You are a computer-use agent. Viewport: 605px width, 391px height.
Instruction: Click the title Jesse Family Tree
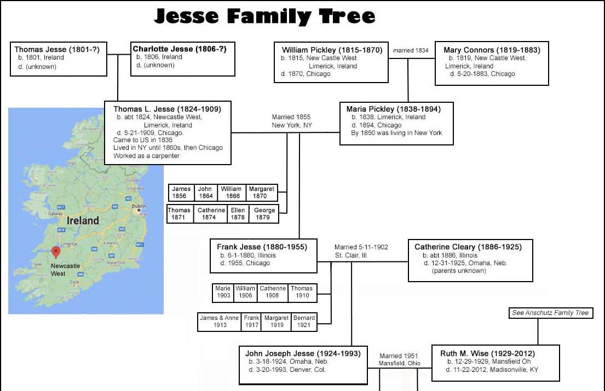coord(264,16)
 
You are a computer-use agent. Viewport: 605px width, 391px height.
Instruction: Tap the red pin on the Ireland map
coord(55,252)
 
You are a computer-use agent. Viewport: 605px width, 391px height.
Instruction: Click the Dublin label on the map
coord(139,206)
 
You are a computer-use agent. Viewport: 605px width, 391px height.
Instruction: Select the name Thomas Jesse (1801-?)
coord(61,49)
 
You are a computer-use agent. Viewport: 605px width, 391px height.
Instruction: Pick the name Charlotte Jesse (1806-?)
coord(180,49)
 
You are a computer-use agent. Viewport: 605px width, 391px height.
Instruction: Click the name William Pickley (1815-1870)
coord(332,50)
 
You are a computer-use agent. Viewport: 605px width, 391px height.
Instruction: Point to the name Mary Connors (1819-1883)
coord(492,50)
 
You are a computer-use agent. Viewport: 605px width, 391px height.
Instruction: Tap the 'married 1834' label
coord(411,50)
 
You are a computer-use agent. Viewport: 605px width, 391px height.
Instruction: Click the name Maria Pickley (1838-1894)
coord(393,109)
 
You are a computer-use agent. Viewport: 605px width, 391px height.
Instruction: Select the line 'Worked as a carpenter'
coord(147,156)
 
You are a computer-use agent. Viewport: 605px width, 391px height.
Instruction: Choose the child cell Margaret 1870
coord(262,192)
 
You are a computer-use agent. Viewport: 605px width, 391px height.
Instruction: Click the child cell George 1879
coord(263,214)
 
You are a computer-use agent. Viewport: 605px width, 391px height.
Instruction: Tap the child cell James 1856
coord(181,192)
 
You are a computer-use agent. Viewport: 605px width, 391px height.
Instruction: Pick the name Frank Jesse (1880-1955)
coord(262,247)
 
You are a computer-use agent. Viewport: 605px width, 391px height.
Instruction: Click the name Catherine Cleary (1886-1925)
coord(468,247)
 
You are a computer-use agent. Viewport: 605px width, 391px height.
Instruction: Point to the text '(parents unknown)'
coord(459,271)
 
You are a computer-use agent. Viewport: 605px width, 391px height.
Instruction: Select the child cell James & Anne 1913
coord(219,322)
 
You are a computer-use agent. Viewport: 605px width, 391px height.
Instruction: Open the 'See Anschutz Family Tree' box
coord(550,313)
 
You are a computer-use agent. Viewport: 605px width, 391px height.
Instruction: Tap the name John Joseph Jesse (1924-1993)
coord(303,353)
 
